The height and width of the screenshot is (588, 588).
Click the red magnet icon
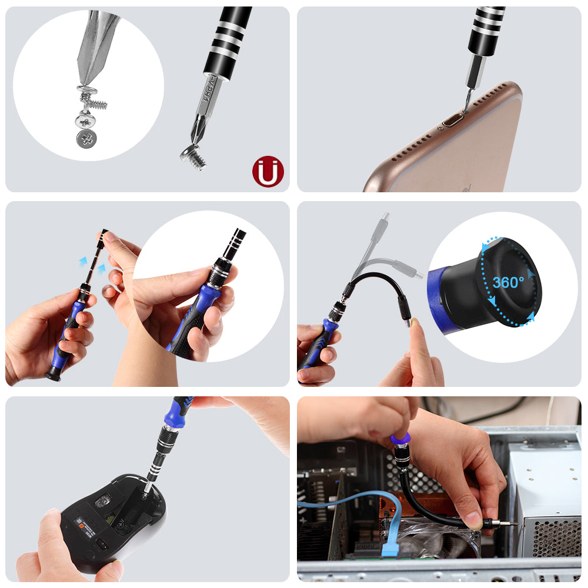coord(268,172)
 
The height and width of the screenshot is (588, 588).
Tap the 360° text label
coord(508,283)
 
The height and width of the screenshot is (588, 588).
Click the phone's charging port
coord(452,122)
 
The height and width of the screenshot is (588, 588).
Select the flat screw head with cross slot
coord(87,139)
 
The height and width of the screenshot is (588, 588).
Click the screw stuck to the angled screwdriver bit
coord(194,158)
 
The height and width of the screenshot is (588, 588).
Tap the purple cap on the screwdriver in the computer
coord(400,439)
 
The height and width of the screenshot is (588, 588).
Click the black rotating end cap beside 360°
coord(509,282)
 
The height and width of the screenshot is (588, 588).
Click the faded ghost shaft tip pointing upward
coord(385,217)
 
